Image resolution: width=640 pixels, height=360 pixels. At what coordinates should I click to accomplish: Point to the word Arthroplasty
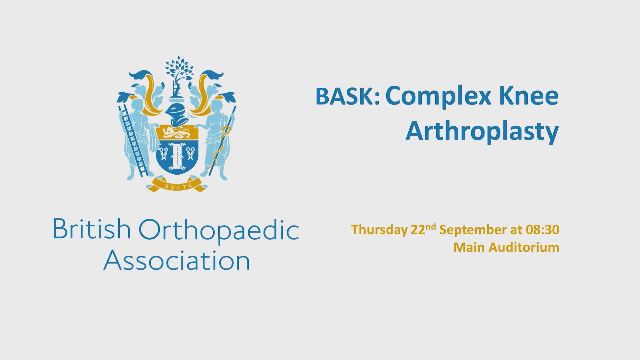(482, 133)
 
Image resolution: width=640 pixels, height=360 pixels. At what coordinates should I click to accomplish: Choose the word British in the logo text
(92, 229)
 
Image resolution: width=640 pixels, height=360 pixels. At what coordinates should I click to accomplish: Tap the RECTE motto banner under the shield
(178, 185)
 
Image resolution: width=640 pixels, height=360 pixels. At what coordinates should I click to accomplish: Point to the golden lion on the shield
(177, 133)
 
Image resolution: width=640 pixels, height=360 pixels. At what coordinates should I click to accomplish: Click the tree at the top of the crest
(177, 70)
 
